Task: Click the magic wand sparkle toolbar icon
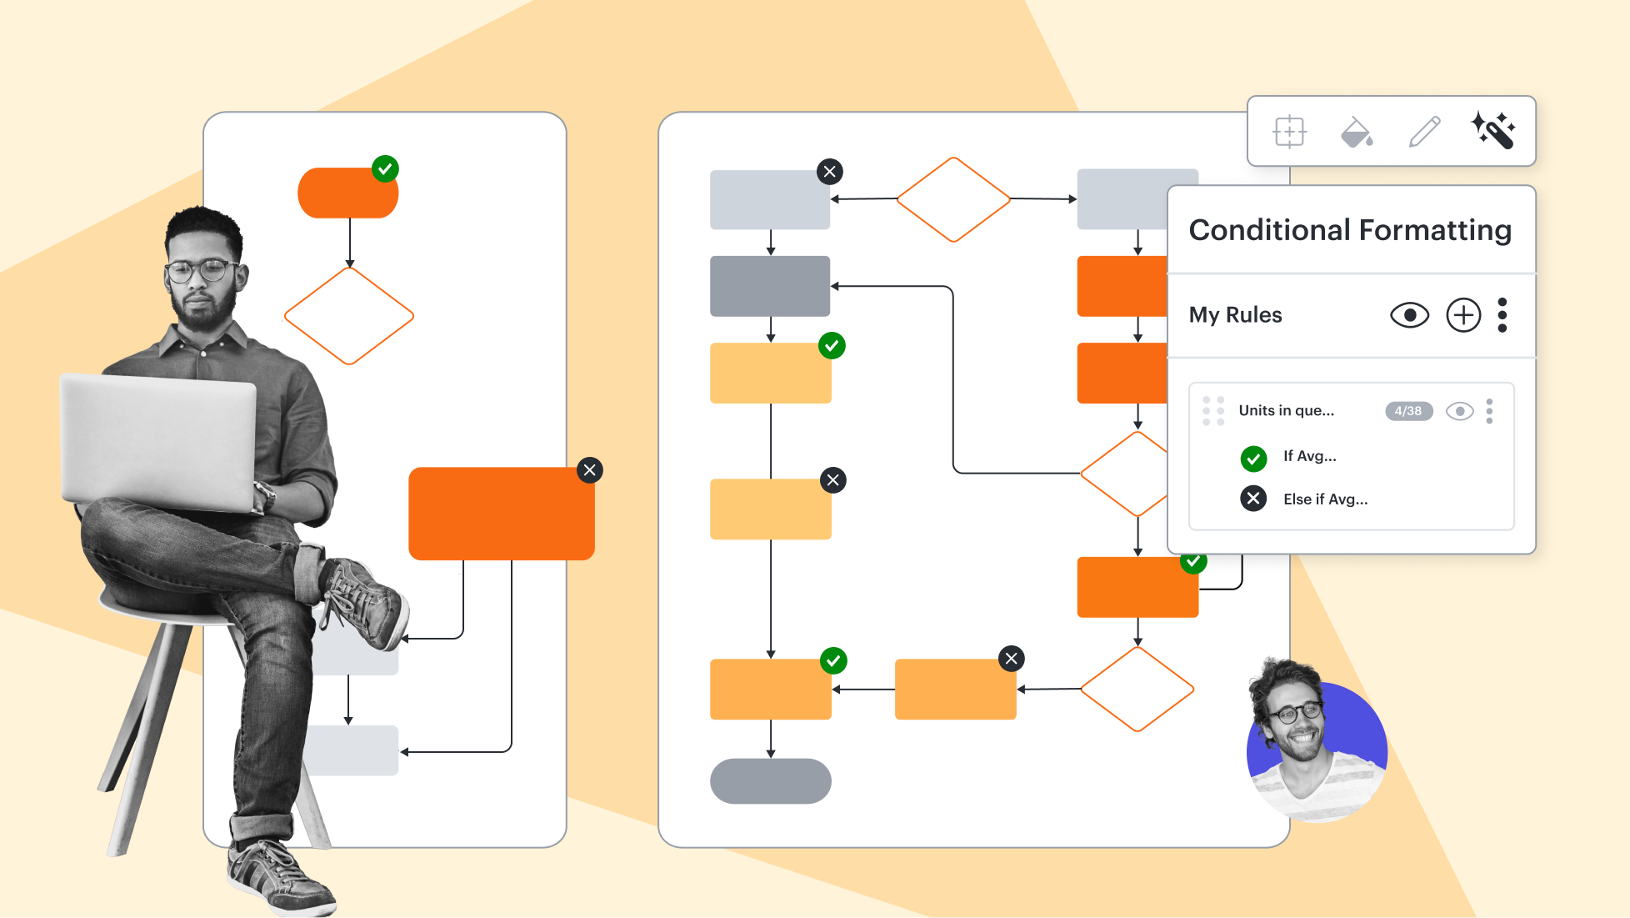tap(1493, 131)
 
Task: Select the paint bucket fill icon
tap(1357, 132)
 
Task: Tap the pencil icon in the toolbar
tap(1424, 132)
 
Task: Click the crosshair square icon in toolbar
tap(1289, 132)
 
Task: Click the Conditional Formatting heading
tap(1349, 230)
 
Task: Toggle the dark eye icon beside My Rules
tap(1409, 315)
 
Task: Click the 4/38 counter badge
tap(1408, 411)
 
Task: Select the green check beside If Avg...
tap(1253, 458)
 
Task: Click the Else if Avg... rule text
tap(1325, 499)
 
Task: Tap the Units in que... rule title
tap(1286, 410)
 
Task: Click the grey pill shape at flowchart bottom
tap(770, 781)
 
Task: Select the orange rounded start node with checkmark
tap(347, 193)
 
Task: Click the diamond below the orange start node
tap(349, 316)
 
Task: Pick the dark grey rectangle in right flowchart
tap(769, 286)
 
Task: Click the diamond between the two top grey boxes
tap(953, 199)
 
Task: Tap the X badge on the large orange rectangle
tap(590, 470)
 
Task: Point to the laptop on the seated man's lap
tap(158, 442)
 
